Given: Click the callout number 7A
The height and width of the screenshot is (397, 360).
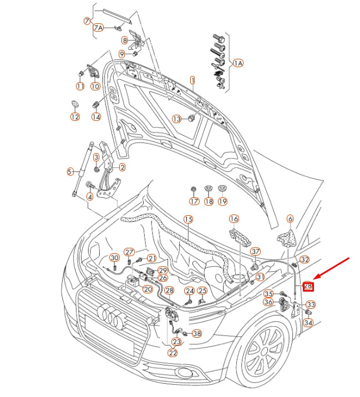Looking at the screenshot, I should (x=98, y=27).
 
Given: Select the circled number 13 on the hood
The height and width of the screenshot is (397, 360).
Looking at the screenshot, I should (x=176, y=119).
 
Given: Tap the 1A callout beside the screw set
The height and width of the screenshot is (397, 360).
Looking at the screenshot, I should (x=238, y=64).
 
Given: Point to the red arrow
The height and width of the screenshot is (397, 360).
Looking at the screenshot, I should (x=333, y=269).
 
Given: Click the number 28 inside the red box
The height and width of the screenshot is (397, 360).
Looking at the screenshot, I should (x=308, y=287).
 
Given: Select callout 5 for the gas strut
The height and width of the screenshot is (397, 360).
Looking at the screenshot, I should (x=70, y=171).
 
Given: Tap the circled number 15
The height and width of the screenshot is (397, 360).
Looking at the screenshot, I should (x=187, y=220).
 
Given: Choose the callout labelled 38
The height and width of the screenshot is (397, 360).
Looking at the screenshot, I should (x=197, y=334).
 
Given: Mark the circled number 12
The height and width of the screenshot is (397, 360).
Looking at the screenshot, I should (x=75, y=117).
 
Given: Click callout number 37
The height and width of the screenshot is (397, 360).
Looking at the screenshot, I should (x=255, y=252).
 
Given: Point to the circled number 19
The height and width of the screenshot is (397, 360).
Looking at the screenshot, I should (x=222, y=201).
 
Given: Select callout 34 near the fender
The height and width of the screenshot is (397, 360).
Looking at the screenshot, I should (x=308, y=323).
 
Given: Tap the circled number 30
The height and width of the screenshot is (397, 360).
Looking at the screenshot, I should (x=114, y=258).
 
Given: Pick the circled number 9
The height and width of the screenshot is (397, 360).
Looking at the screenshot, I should (x=122, y=54).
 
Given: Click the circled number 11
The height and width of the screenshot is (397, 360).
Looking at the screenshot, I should (x=80, y=86).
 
